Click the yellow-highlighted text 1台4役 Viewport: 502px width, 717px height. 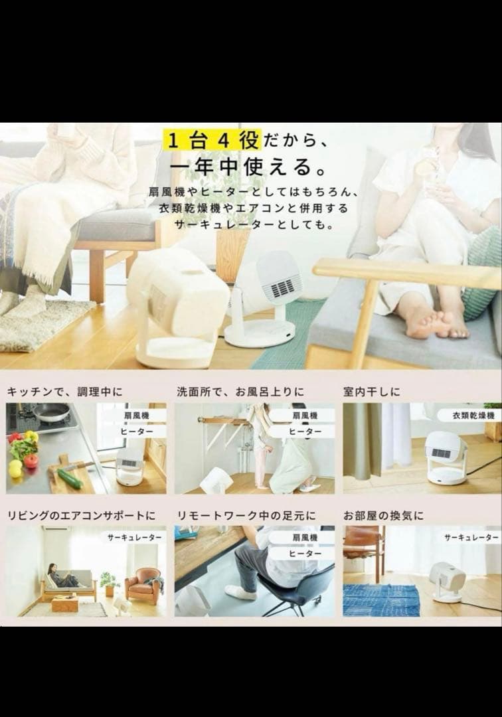pos(214,139)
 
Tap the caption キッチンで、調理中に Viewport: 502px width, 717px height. pos(65,392)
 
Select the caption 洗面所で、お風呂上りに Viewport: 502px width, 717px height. pos(240,392)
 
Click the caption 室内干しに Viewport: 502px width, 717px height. pos(371,392)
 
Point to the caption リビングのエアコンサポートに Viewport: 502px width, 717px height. pos(82,516)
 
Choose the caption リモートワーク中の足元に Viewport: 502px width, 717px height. pos(246,516)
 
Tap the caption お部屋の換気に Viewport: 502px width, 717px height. pos(383,516)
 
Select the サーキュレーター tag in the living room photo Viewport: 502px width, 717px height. pos(134,538)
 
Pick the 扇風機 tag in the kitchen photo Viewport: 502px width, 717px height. pos(136,416)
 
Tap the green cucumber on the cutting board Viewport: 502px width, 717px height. pos(70,478)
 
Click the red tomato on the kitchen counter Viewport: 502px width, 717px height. pos(31,461)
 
